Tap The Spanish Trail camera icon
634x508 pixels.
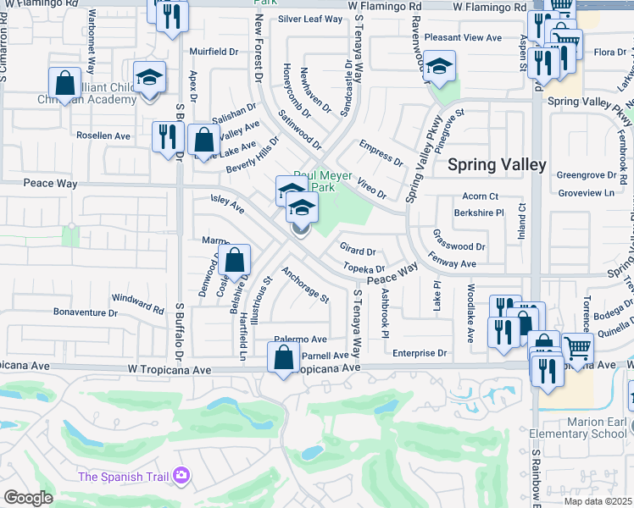point(180,477)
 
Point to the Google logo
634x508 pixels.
point(27,498)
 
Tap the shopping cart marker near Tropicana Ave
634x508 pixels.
point(577,347)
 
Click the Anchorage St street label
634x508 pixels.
point(305,285)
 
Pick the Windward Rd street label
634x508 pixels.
point(137,301)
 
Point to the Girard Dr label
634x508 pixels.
point(358,251)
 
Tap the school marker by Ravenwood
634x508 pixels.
point(439,66)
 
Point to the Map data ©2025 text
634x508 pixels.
point(597,501)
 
